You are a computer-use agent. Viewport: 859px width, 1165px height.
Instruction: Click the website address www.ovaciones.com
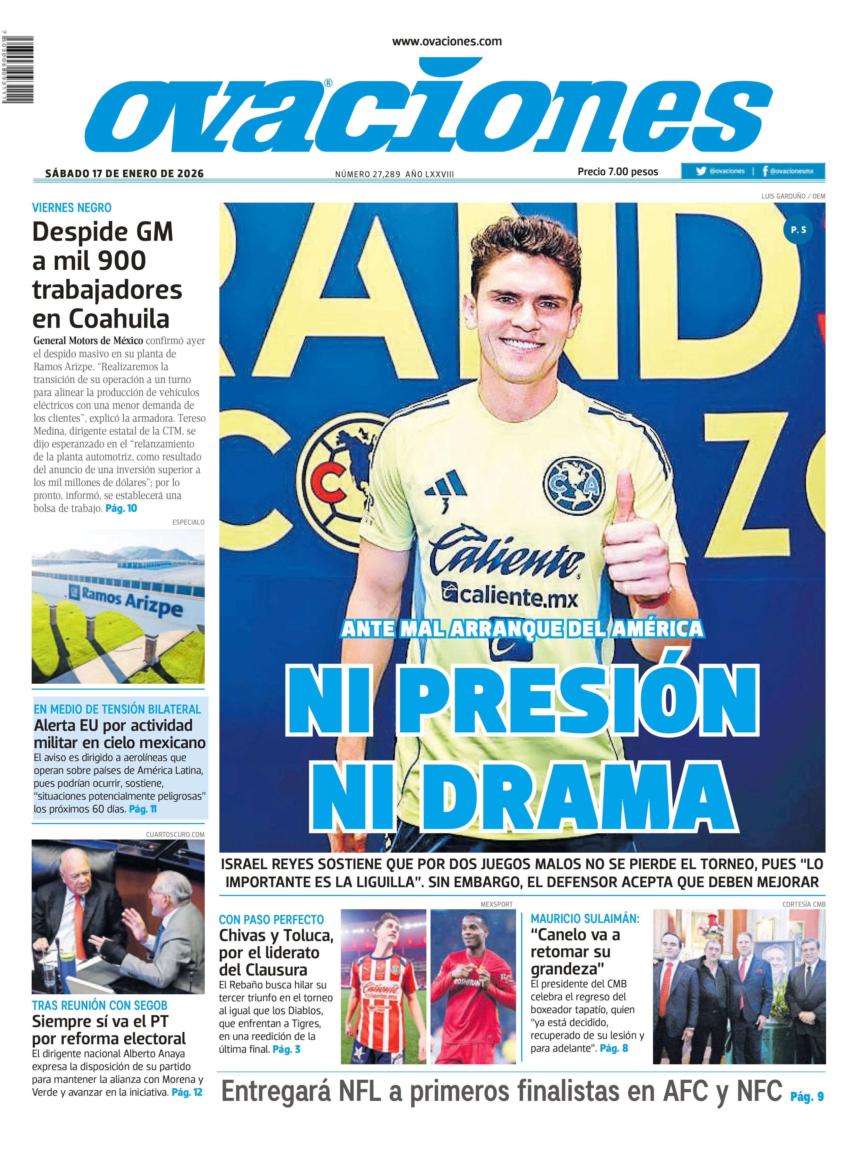click(447, 42)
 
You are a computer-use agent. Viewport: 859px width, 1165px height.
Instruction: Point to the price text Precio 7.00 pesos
click(618, 172)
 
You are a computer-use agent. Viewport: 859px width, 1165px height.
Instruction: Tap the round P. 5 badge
click(798, 229)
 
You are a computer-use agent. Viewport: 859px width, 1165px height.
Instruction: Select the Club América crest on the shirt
click(574, 484)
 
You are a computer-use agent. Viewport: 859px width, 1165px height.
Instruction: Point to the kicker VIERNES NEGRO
click(72, 208)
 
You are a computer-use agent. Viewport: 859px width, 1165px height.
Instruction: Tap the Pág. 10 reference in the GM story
click(121, 508)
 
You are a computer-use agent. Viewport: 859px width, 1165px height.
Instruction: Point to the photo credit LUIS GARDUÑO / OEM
click(793, 196)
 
